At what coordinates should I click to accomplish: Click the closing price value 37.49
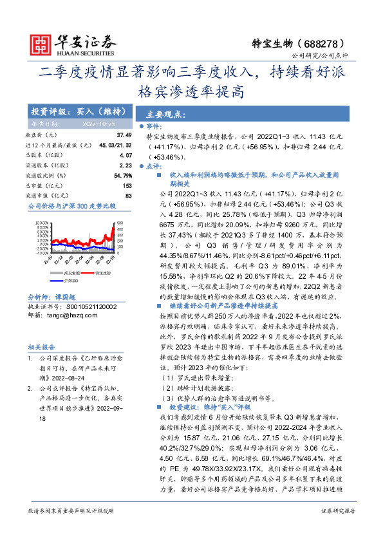coord(124,135)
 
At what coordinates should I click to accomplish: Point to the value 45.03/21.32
coord(116,145)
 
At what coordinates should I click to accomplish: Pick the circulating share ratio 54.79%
coord(122,174)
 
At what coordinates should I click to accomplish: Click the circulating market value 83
coord(128,195)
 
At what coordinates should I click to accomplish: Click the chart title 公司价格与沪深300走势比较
coord(71,207)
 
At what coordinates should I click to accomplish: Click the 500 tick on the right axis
coord(118,223)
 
